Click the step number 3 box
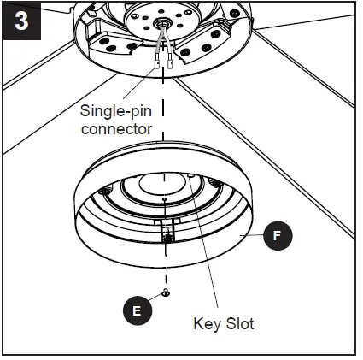pos(20,20)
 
